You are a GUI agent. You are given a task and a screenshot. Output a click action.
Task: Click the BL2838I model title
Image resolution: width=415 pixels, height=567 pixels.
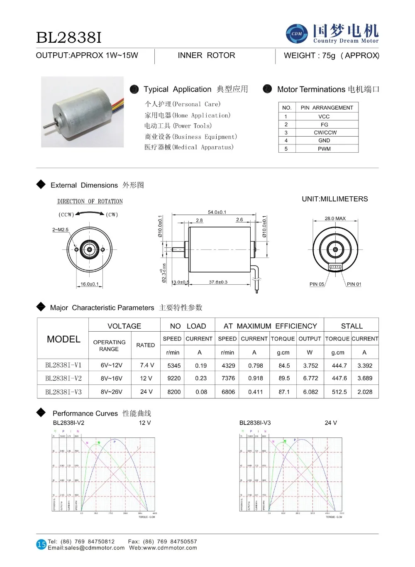tap(69, 38)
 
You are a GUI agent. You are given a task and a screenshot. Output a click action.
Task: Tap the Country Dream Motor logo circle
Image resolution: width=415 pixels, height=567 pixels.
tap(297, 34)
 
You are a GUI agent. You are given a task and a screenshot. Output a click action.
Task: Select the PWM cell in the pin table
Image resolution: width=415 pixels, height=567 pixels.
tap(324, 149)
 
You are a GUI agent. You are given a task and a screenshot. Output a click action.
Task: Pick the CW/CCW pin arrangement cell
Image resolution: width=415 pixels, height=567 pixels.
tap(325, 132)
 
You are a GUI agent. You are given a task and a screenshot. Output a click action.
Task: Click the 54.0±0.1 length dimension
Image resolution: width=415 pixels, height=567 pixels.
tap(217, 212)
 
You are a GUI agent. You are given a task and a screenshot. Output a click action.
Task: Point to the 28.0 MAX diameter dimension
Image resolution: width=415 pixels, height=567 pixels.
tap(335, 218)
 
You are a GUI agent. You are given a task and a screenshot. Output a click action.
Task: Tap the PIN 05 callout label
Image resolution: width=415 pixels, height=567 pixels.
tap(317, 284)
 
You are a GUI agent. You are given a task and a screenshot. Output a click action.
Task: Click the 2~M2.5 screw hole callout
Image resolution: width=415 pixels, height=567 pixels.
tap(60, 230)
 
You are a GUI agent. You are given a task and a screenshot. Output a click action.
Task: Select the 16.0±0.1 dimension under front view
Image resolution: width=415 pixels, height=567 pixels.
tap(90, 284)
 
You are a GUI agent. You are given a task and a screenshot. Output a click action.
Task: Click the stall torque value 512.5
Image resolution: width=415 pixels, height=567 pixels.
tap(339, 392)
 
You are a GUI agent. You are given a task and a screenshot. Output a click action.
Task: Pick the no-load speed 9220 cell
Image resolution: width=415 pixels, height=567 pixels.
tap(174, 378)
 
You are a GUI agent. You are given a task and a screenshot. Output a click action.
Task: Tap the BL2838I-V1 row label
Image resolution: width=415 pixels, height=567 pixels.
tap(63, 365)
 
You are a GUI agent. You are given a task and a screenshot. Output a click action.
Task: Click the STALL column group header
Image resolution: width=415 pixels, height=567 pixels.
tap(352, 326)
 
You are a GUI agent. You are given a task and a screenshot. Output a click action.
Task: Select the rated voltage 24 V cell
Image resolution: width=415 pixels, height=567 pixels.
tap(146, 391)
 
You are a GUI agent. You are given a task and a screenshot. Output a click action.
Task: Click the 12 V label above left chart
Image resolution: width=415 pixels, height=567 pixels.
tap(145, 423)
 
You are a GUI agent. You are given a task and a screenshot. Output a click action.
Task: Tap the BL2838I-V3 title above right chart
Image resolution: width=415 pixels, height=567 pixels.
tap(255, 423)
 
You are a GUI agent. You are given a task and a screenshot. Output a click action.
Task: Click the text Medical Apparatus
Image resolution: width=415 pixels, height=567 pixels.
tap(189, 147)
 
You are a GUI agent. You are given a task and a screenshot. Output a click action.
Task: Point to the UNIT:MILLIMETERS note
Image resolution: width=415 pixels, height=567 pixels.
tap(334, 199)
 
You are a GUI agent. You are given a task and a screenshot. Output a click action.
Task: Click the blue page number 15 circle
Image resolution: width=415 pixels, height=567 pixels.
tap(41, 544)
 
